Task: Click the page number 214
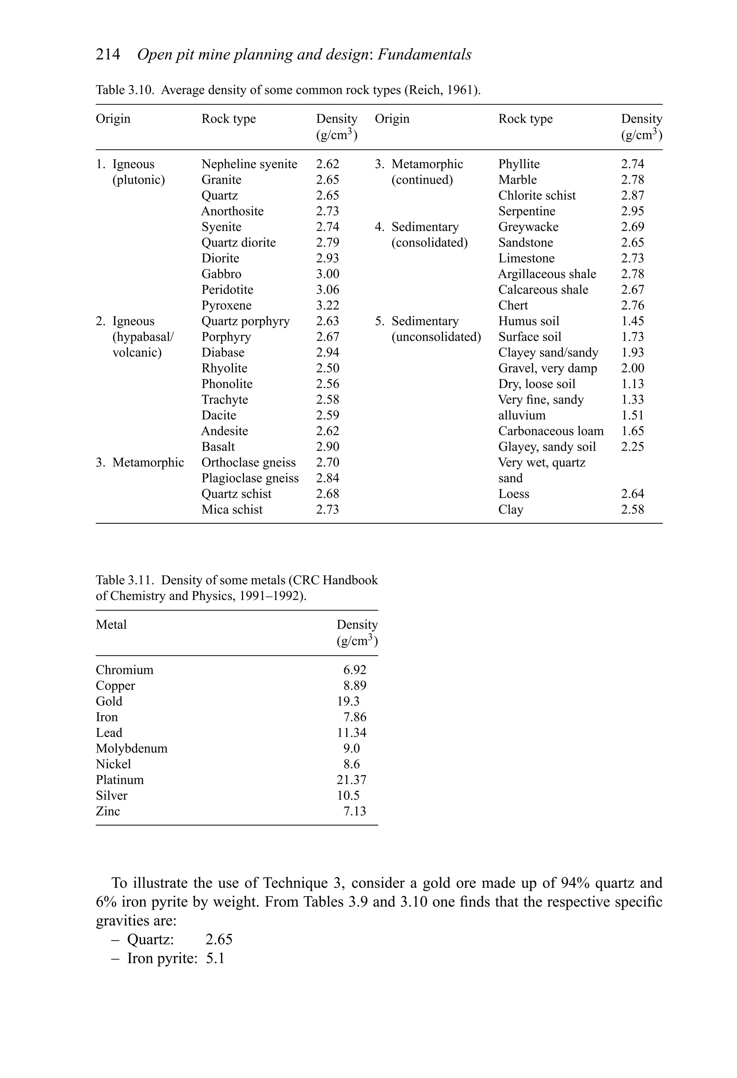pyautogui.click(x=108, y=55)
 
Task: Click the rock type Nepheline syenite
pyautogui.click(x=249, y=164)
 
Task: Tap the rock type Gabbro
pyautogui.click(x=221, y=274)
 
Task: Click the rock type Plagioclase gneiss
pyautogui.click(x=250, y=478)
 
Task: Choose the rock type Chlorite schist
pyautogui.click(x=537, y=196)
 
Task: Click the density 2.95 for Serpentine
pyautogui.click(x=632, y=211)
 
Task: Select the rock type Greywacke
pyautogui.click(x=528, y=227)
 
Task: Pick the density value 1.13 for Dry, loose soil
pyautogui.click(x=632, y=384)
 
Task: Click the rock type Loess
pyautogui.click(x=514, y=494)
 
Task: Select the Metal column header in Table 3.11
pyautogui.click(x=111, y=625)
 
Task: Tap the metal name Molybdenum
pyautogui.click(x=132, y=749)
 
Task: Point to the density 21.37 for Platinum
pyautogui.click(x=351, y=780)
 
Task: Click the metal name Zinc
pyautogui.click(x=108, y=811)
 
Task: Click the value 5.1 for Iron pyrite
pyautogui.click(x=215, y=958)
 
